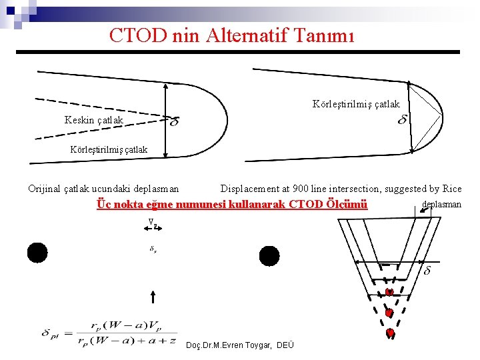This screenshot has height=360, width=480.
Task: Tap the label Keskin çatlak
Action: pyautogui.click(x=93, y=120)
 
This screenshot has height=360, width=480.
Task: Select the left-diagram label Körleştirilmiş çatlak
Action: pyautogui.click(x=109, y=149)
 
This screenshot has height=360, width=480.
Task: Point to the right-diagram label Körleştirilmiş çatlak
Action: pyautogui.click(x=356, y=103)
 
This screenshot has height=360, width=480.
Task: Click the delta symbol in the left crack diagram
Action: pyautogui.click(x=175, y=122)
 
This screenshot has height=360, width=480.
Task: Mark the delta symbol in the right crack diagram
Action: pyautogui.click(x=403, y=119)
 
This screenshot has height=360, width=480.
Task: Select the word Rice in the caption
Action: pyautogui.click(x=451, y=189)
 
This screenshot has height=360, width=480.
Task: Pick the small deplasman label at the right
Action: pyautogui.click(x=442, y=204)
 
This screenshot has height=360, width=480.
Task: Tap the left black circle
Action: pyautogui.click(x=37, y=253)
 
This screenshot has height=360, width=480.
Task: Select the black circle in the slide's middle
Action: pyautogui.click(x=269, y=255)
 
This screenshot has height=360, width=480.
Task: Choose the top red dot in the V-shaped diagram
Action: pyautogui.click(x=389, y=293)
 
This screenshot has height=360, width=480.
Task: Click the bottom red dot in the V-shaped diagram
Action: pyautogui.click(x=390, y=332)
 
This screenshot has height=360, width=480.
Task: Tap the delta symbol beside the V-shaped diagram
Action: pyautogui.click(x=427, y=270)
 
